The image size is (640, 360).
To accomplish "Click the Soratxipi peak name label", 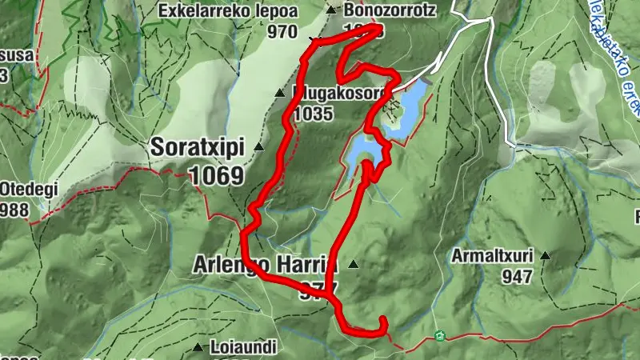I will [x=197, y=148].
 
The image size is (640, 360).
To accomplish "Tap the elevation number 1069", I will [x=216, y=174].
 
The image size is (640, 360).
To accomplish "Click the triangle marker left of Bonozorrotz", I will [x=330, y=10].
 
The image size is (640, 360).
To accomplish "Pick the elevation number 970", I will [x=283, y=33].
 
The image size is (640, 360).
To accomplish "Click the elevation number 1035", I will [x=312, y=114].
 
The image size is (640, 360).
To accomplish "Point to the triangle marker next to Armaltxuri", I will [x=546, y=257].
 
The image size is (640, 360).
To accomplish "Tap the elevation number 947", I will [x=518, y=277].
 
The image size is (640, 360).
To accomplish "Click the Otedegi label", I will [x=18, y=191].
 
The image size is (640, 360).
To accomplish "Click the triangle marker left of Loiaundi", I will [x=198, y=347].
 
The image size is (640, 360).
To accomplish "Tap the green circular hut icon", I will [x=438, y=336].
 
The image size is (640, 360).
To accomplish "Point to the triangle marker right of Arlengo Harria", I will [x=352, y=264].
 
